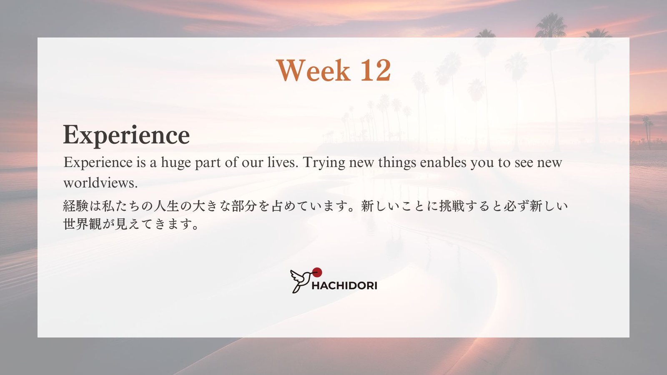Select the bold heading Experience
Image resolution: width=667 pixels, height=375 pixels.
point(127,135)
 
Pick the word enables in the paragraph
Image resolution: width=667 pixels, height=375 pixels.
point(443,162)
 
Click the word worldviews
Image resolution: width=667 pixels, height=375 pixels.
point(100,183)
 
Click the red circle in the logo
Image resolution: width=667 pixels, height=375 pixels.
point(317,272)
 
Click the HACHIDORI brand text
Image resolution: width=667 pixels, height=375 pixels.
point(344,286)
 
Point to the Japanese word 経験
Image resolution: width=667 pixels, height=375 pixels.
point(76,206)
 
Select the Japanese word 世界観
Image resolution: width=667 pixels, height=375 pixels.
point(82,224)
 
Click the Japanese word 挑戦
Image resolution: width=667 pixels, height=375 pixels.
point(452,206)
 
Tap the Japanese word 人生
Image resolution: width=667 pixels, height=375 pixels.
point(166,206)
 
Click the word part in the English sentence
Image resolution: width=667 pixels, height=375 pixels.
point(208,163)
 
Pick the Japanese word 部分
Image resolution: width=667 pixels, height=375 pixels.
point(244,206)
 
